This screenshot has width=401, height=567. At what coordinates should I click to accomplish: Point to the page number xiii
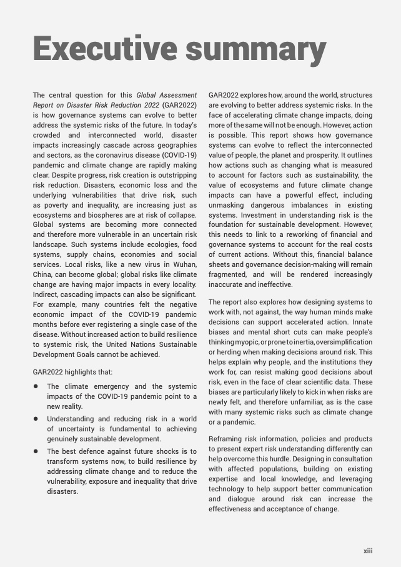(x=368, y=551)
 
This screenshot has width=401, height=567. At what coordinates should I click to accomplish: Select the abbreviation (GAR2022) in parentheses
(x=179, y=106)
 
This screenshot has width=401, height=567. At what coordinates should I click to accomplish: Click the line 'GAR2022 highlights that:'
(x=72, y=372)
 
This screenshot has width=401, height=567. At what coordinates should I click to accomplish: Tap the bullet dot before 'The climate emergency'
(x=36, y=387)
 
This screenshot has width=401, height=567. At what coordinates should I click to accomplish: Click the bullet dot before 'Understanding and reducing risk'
(x=36, y=419)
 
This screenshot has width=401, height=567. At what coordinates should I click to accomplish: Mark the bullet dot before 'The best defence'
(x=36, y=451)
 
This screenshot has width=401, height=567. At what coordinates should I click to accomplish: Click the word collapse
(x=182, y=214)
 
